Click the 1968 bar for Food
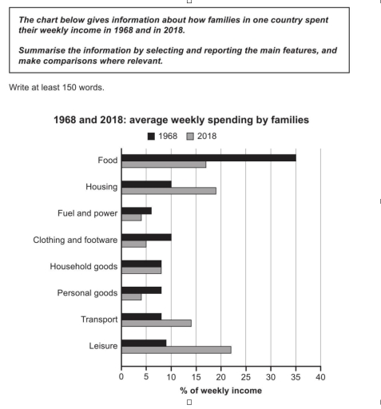coord(208,158)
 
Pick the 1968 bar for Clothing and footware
coord(146,237)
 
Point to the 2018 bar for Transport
coord(156,324)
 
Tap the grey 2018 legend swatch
coord(191,136)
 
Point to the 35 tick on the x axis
coord(296,374)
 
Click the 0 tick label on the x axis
coord(121,374)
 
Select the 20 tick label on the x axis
coord(221,374)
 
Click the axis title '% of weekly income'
coord(221,390)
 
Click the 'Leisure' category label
coord(101,345)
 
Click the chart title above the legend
coord(191,119)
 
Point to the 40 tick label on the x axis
coord(320,374)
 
